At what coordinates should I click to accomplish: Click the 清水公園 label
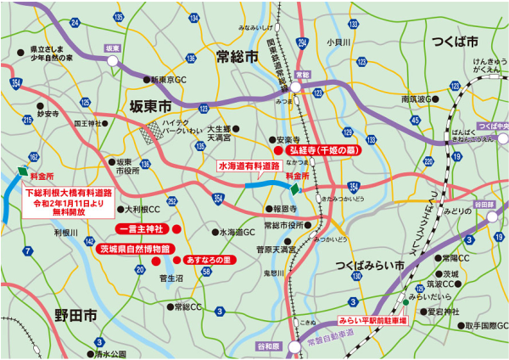click(x=110, y=353)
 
